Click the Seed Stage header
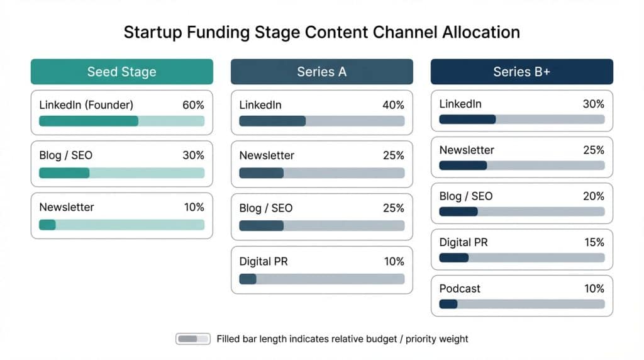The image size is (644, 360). (121, 72)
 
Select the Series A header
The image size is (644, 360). (321, 72)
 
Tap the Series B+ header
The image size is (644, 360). (521, 72)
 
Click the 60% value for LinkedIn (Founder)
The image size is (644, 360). (194, 105)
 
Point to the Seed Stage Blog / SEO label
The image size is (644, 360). (65, 155)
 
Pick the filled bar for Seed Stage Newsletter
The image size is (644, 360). (47, 225)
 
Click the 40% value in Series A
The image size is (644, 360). (394, 105)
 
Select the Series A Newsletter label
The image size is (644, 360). (267, 155)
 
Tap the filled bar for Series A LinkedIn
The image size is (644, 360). (272, 121)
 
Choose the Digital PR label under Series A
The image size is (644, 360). (264, 261)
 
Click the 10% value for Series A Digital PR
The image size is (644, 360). (394, 261)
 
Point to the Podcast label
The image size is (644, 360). (460, 289)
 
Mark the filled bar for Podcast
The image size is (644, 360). (448, 304)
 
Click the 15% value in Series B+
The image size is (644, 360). (594, 242)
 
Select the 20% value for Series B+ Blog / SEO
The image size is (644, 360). (594, 196)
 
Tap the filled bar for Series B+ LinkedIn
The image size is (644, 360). (467, 119)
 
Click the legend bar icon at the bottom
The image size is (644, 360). (192, 339)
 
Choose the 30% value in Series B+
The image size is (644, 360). (594, 104)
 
